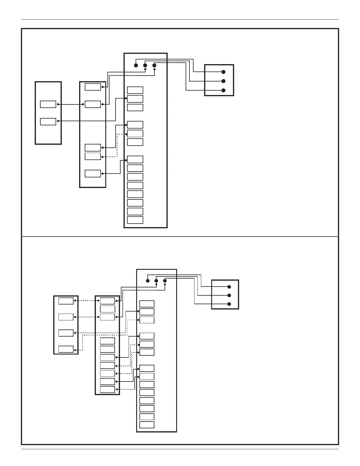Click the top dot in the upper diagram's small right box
pos(223,72)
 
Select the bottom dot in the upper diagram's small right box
pos(223,90)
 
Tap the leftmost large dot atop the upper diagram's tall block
pos(136,65)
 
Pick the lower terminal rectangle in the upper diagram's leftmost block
pos(48,122)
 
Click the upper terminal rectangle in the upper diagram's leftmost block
pos(48,104)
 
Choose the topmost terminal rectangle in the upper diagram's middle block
pos(93,87)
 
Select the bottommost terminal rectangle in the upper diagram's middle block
pos(93,174)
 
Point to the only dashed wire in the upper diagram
pos(117,146)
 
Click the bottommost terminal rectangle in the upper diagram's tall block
pos(135,220)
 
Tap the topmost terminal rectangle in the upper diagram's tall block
pos(135,90)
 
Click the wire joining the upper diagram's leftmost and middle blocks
pos(71,104)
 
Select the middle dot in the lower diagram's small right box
pos(229,295)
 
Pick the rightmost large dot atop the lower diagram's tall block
pos(165,281)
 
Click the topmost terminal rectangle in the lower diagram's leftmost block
pos(66,301)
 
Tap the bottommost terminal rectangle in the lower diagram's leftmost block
pos(66,349)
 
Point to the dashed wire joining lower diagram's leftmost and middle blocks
pos(87,301)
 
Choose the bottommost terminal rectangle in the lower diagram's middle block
pos(107,390)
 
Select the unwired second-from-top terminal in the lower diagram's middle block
pos(107,309)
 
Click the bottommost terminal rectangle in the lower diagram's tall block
pos(147,425)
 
